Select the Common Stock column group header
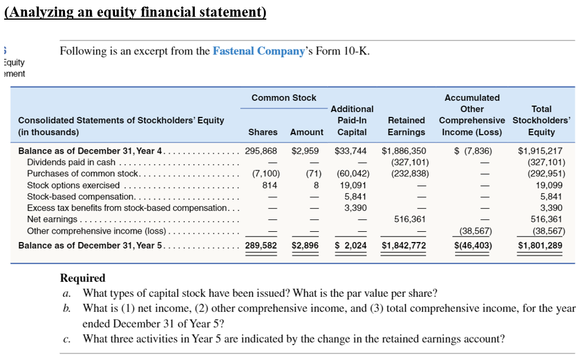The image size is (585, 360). click(x=284, y=97)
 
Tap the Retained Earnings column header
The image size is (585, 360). click(x=406, y=126)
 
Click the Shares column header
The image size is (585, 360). click(x=263, y=132)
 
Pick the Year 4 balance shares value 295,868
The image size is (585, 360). click(x=262, y=151)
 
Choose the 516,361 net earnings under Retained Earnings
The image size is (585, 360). click(x=410, y=219)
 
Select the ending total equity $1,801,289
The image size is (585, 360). click(x=540, y=245)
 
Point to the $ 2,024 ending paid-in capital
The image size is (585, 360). click(x=351, y=245)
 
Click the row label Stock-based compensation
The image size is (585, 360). click(x=81, y=196)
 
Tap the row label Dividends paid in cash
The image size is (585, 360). click(x=71, y=162)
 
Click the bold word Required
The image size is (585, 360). click(x=83, y=278)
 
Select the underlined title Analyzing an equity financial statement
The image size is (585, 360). click(x=135, y=13)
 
